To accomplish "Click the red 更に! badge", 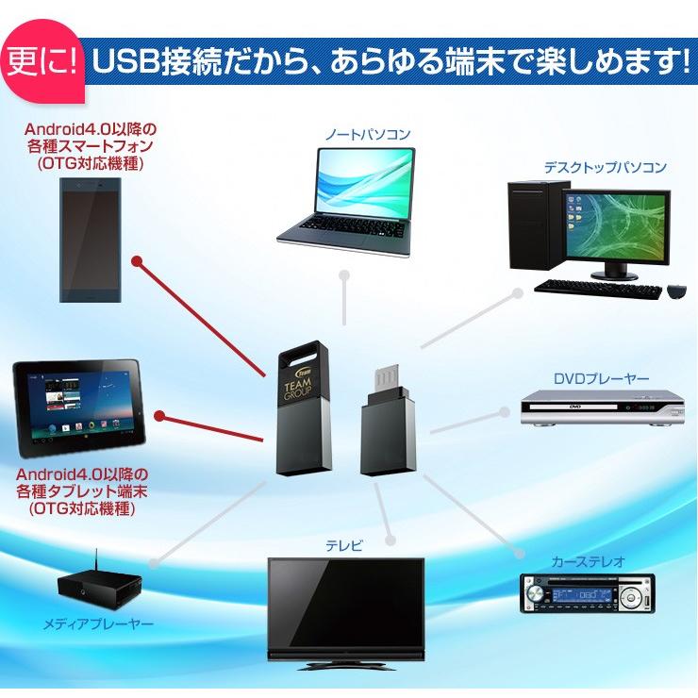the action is tap(42, 64).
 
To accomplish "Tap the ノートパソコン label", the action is tap(368, 135).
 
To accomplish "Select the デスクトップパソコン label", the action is tap(605, 168).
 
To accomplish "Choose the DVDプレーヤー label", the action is tap(601, 379).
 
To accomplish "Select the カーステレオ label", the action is tap(588, 561).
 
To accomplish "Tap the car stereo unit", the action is tap(586, 594).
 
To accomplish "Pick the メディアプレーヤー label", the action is tap(98, 623).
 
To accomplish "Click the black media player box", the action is tap(98, 586).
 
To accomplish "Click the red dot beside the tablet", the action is tap(159, 415).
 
